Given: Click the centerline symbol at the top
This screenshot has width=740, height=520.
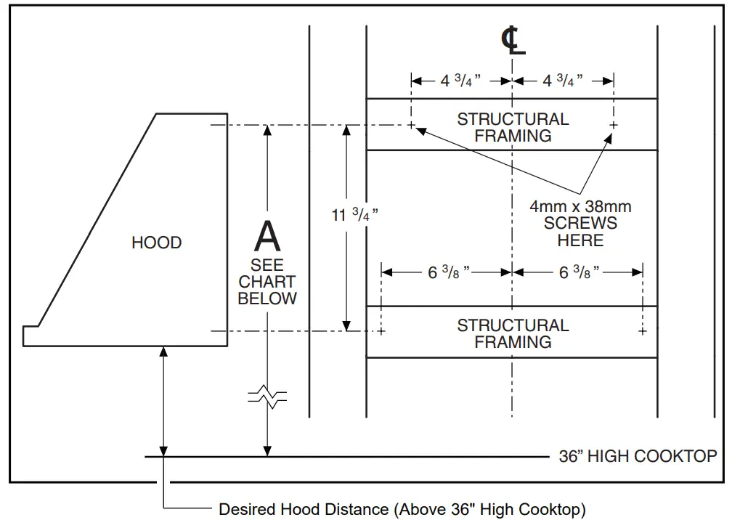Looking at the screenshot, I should coord(513,41).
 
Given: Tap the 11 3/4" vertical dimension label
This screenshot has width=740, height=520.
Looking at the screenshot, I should coord(355,216).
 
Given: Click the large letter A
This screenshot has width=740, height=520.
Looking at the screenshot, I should coord(267,236).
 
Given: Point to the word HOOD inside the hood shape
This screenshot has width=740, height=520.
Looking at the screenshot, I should coord(156,243).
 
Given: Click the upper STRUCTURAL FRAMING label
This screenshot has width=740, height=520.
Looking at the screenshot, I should coord(513,127).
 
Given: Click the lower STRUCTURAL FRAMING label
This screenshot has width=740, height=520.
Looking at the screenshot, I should coord(513,333).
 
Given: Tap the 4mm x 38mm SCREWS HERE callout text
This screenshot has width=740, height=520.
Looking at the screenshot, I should coord(580,223).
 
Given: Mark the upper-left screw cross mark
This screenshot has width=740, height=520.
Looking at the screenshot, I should coord(412,126).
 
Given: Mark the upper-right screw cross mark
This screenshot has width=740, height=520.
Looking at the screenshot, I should coord(614,126).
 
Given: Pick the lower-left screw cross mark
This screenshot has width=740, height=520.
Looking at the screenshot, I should coord(382,332).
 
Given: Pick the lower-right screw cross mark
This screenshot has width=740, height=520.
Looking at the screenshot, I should coord(643,332).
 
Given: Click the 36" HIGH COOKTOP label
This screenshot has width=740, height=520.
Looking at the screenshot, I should coord(638,456).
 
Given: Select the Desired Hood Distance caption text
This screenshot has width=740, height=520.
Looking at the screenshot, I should coord(402,509).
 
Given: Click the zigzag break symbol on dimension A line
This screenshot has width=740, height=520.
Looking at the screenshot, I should coord(267,397).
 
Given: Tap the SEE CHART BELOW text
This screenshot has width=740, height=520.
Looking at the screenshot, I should coord(267,282).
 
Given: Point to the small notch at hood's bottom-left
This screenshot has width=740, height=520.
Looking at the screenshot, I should coord(31,336).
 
